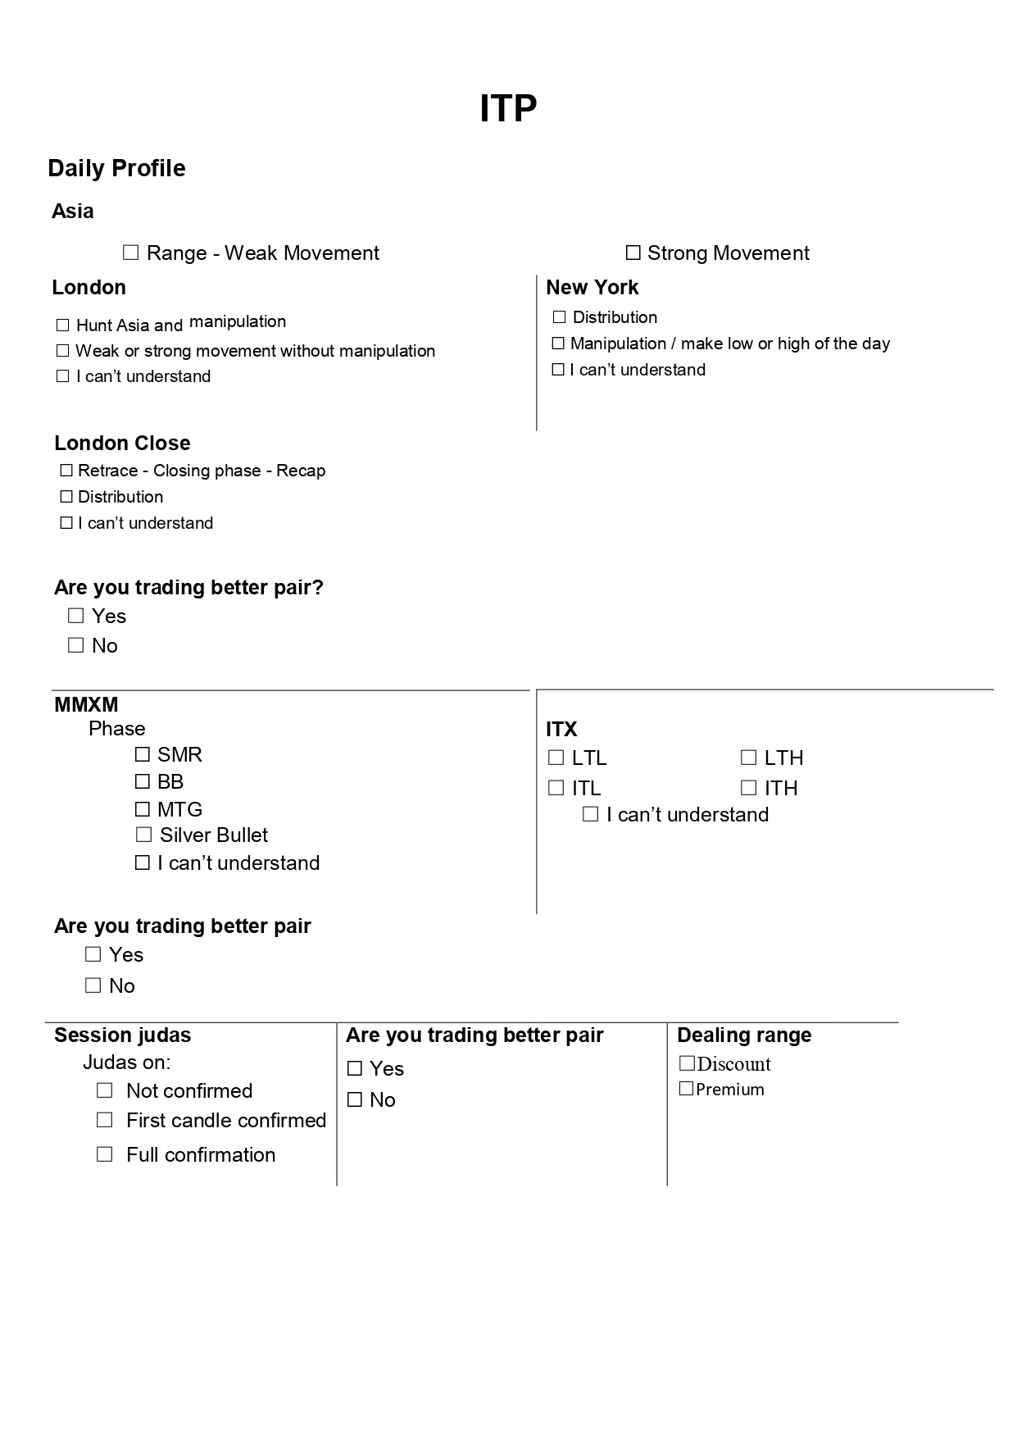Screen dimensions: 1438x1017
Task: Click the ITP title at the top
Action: (x=508, y=108)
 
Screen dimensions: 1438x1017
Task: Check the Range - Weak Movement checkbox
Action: (x=131, y=253)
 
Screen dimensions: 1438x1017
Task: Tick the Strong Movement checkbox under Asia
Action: (x=633, y=253)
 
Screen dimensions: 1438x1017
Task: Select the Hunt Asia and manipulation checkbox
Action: (x=63, y=325)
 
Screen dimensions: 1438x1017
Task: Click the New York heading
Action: (x=592, y=287)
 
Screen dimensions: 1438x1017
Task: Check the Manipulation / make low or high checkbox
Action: (x=558, y=344)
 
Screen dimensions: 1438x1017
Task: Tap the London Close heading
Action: (x=122, y=443)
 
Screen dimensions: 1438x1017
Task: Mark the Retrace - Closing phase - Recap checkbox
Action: (x=66, y=471)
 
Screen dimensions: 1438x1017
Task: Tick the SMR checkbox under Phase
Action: (x=143, y=754)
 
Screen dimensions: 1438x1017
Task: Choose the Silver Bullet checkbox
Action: (x=144, y=835)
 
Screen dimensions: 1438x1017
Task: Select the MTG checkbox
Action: (x=143, y=809)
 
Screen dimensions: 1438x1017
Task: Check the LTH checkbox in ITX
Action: (x=748, y=758)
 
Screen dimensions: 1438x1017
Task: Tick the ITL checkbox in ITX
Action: (x=556, y=788)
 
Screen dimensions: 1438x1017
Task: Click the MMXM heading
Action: (x=86, y=704)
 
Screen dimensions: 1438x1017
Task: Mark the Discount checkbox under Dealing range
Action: (x=687, y=1063)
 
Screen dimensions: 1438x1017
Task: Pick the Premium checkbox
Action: (x=687, y=1089)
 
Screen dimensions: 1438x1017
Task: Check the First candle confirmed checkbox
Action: (x=105, y=1120)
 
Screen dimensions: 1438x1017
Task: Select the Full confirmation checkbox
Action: (x=105, y=1154)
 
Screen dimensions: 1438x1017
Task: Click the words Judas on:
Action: (x=127, y=1063)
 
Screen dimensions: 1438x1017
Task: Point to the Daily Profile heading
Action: (x=116, y=168)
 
